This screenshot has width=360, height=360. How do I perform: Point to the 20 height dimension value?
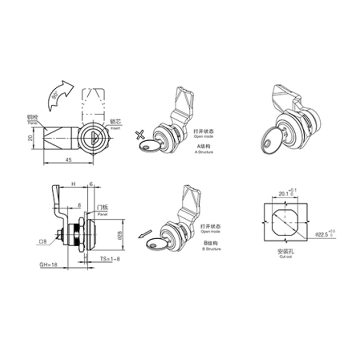pyautogui.click(x=30, y=138)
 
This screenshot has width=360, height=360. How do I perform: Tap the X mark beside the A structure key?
pyautogui.click(x=140, y=135)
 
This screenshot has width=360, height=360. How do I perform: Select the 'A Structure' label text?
pyautogui.click(x=203, y=152)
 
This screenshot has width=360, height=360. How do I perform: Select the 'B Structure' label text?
pyautogui.click(x=212, y=249)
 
